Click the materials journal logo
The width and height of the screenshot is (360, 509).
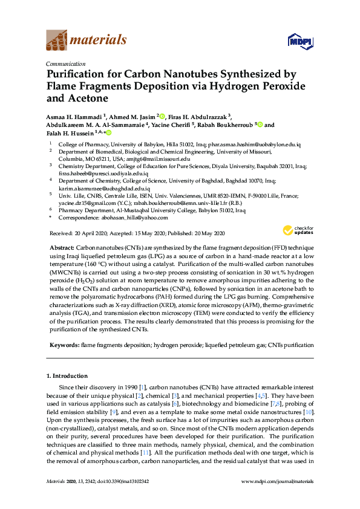(87, 41)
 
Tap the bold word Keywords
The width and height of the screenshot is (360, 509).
(63, 345)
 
